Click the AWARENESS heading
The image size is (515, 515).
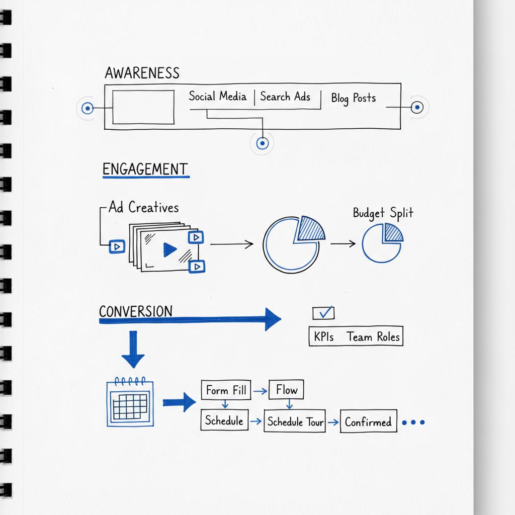pos(142,73)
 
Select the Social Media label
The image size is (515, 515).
pos(217,96)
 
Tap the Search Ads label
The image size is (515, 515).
pos(285,97)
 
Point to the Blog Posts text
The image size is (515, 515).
pos(353,98)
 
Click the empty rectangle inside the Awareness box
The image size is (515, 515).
pos(143,107)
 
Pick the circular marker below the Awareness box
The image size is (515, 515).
pos(262,144)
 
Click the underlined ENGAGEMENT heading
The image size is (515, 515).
pos(145,169)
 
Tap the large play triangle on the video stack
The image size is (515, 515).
pos(169,249)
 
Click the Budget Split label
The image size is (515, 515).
pos(383,213)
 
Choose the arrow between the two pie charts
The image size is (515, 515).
pos(342,244)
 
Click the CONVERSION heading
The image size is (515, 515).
pos(135,311)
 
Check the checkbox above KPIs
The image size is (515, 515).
pos(322,313)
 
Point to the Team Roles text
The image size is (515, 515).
pos(373,337)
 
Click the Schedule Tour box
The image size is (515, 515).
pos(295,421)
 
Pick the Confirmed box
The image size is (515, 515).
pos(368,422)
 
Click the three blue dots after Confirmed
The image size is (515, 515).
pos(413,422)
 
